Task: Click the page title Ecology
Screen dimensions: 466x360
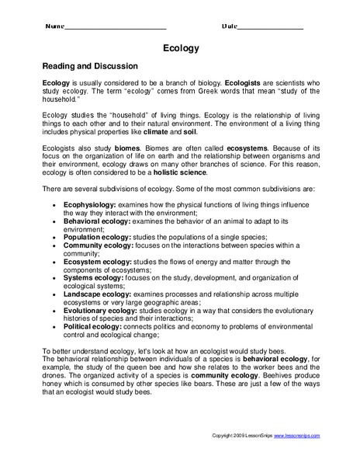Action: click(181, 48)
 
